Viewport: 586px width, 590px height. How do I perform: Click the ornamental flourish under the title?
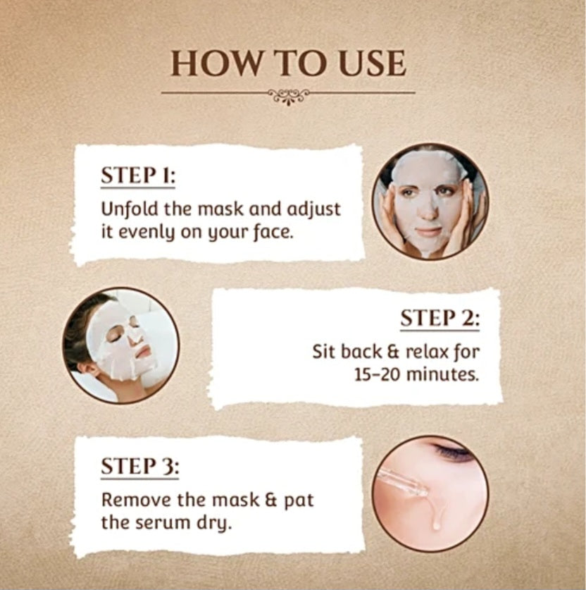point(289,97)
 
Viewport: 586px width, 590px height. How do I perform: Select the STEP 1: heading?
point(138,175)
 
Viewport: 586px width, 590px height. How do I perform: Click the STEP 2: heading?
point(440,319)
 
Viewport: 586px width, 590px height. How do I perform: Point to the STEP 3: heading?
point(140,466)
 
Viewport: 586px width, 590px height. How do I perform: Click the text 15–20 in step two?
point(378,374)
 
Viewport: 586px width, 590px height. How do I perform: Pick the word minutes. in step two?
point(444,374)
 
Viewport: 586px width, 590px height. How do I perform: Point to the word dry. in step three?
point(215,524)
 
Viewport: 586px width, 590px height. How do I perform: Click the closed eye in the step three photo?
point(452,451)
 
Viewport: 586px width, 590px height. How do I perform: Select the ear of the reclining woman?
point(90,367)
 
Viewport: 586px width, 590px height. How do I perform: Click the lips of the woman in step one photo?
point(428,231)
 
